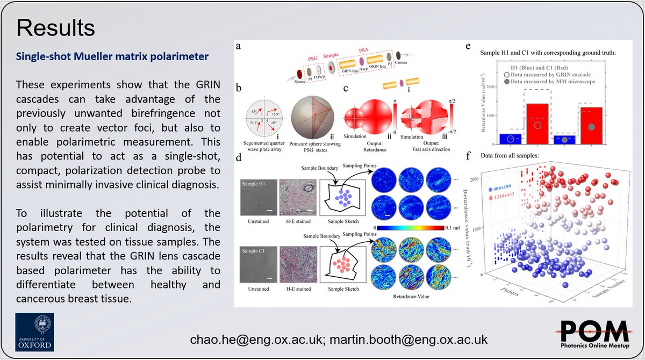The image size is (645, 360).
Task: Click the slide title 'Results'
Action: pos(55,27)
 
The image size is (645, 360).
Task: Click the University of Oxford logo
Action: pos(34,329)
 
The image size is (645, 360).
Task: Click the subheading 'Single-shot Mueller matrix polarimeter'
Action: pos(112,55)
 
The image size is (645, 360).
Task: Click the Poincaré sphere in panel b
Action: pos(312,114)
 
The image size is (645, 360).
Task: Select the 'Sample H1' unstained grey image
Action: pos(257,197)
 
